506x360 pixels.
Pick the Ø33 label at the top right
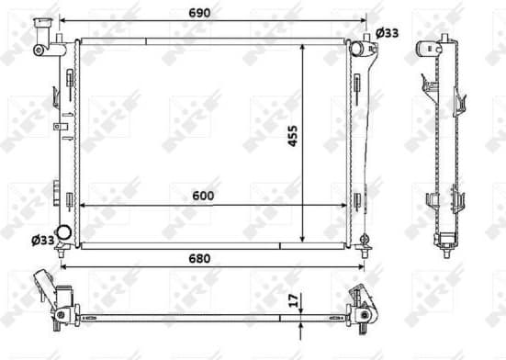[388, 33]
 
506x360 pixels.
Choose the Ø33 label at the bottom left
[42, 240]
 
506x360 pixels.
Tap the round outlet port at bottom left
[64, 233]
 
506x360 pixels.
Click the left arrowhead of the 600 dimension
[84, 206]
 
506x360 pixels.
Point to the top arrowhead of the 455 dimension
[303, 44]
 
